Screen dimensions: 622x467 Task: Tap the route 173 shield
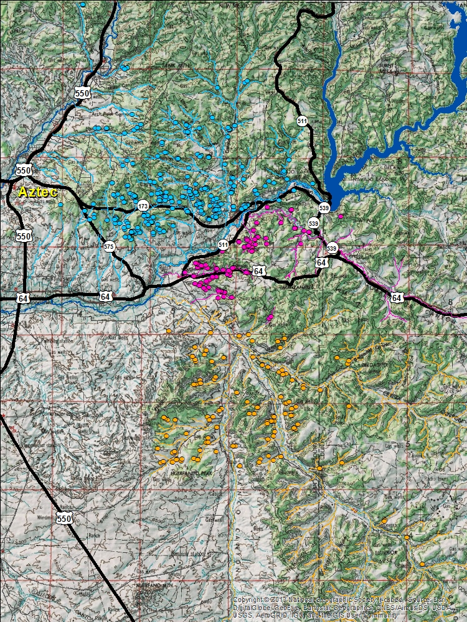point(143,205)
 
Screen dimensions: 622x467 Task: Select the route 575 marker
point(109,246)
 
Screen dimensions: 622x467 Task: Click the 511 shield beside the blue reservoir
point(302,121)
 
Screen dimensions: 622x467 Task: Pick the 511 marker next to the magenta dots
point(224,245)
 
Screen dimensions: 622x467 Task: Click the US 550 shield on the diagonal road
point(64,518)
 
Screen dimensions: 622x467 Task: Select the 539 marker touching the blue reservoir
point(324,207)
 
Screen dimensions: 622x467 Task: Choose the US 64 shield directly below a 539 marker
point(321,263)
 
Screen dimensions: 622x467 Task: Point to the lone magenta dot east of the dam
point(341,216)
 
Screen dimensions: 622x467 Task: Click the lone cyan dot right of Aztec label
point(60,204)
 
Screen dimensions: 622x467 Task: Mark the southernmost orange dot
point(422,564)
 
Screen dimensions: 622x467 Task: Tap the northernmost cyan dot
point(82,4)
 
